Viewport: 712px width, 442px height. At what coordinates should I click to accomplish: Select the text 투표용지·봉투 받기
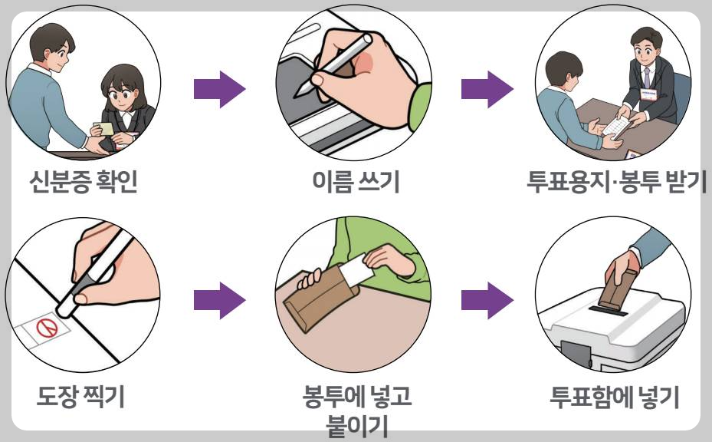[x=616, y=184]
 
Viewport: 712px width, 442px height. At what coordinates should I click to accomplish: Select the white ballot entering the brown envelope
[x=356, y=269]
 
